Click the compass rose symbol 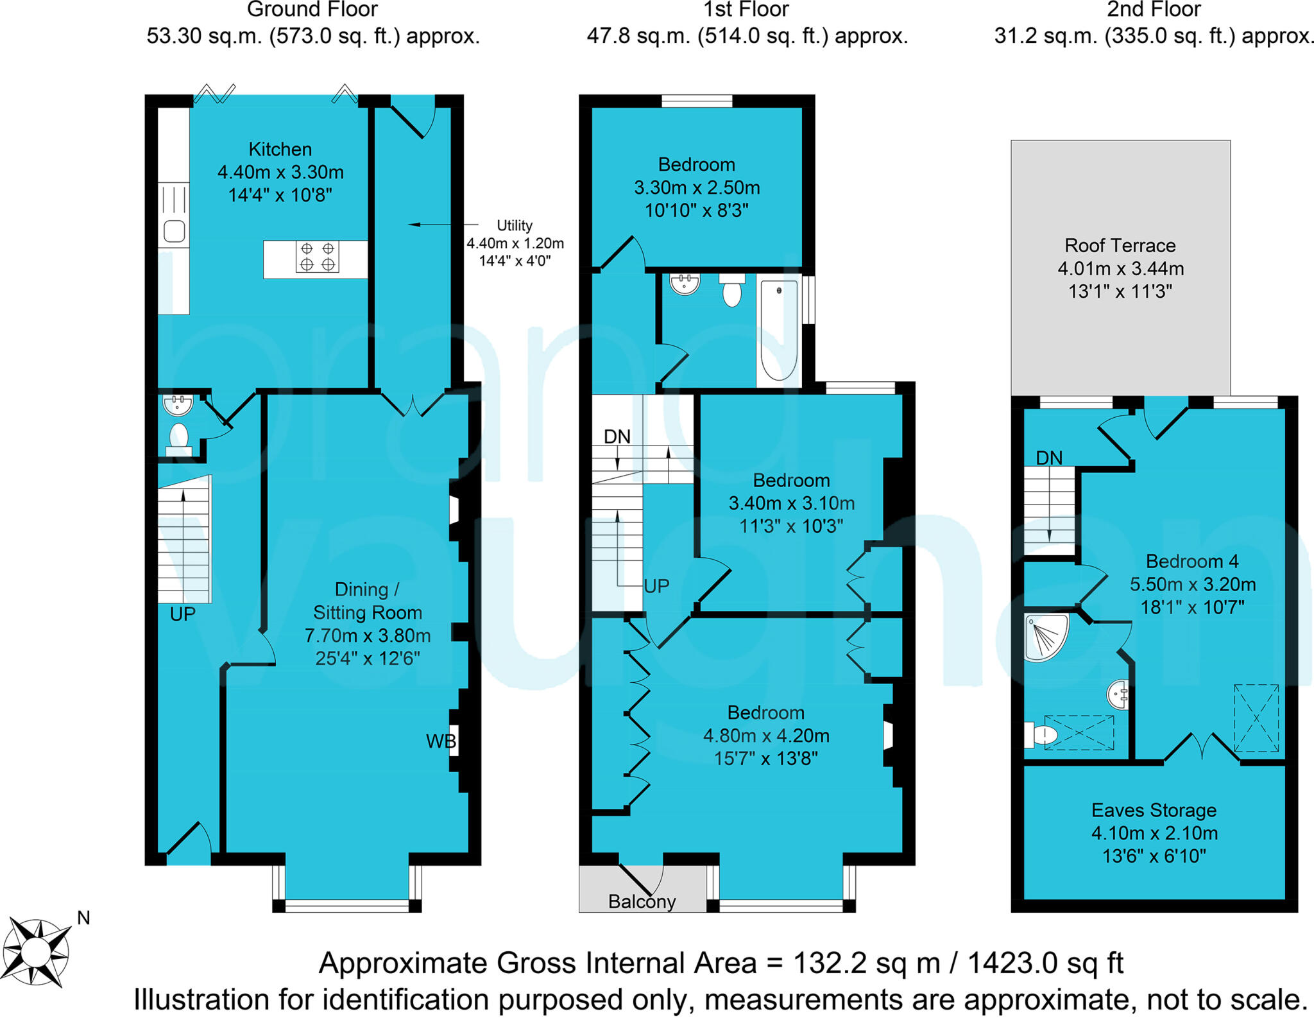click(x=37, y=951)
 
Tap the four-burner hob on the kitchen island click(x=318, y=257)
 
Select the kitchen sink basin click(x=175, y=231)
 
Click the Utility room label click(x=515, y=225)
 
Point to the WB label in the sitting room click(x=441, y=741)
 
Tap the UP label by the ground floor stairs click(x=182, y=614)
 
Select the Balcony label click(x=642, y=902)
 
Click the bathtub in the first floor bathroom click(x=778, y=331)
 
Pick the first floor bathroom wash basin click(x=685, y=284)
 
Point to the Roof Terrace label click(x=1120, y=245)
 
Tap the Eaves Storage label click(x=1154, y=810)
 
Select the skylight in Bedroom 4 click(x=1256, y=718)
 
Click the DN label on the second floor click(x=1049, y=458)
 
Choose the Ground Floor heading click(x=312, y=10)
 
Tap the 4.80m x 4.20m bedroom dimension click(x=765, y=736)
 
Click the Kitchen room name click(x=280, y=149)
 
